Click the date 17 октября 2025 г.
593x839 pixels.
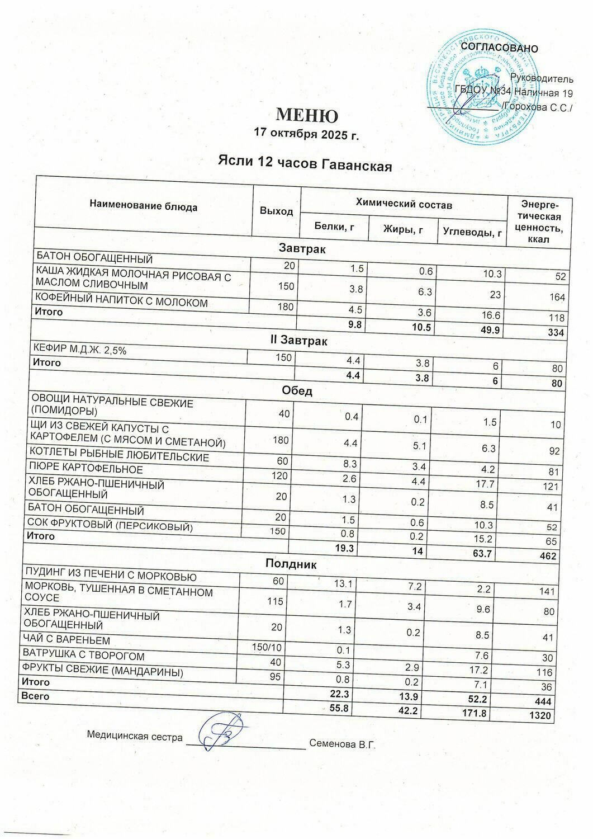click(305, 134)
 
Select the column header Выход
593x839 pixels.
click(276, 211)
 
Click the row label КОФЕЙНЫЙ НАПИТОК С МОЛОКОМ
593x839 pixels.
click(122, 303)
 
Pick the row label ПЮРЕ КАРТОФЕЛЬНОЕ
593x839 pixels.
click(86, 469)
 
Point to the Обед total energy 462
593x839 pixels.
click(548, 556)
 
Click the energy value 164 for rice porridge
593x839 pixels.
click(557, 297)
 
